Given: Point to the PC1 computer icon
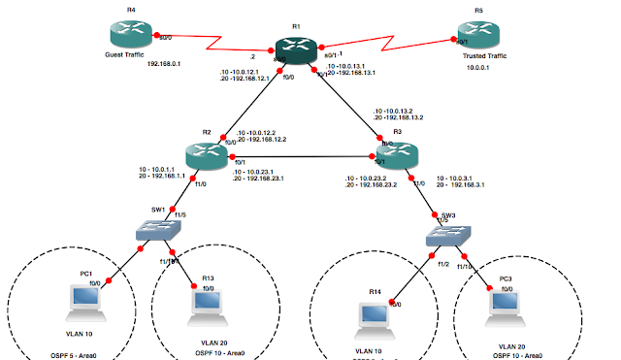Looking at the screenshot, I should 80,301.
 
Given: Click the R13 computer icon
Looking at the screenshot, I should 208,305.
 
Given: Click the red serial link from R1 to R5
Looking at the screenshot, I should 388,49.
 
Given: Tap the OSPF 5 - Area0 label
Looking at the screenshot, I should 56,356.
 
